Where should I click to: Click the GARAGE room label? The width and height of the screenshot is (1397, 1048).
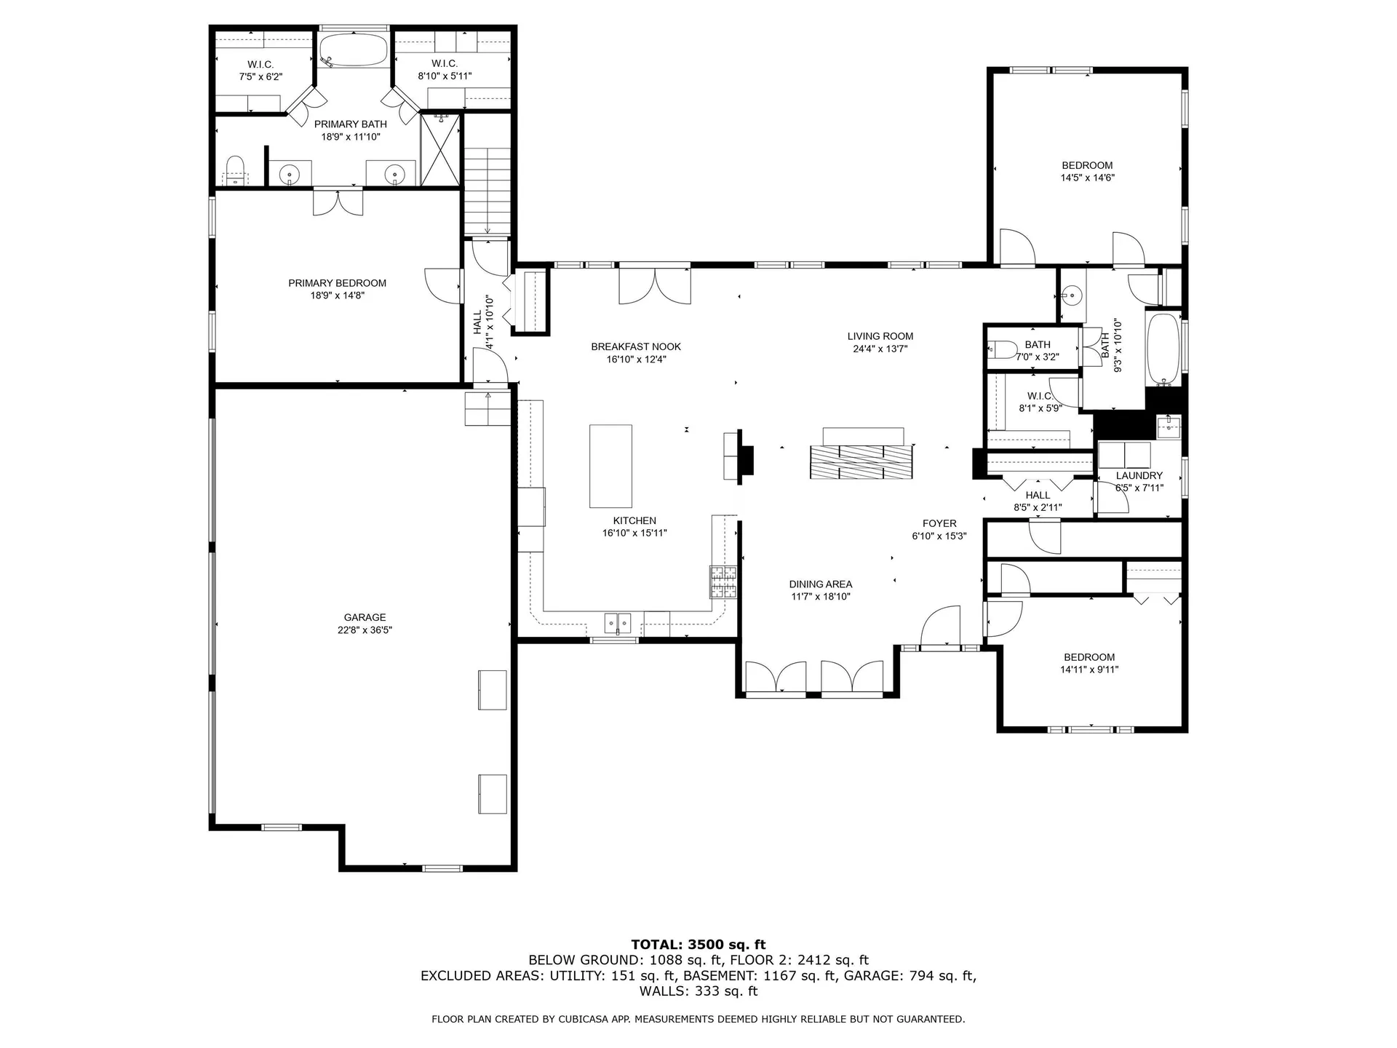coord(365,617)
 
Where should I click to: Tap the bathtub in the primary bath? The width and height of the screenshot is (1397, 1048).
coord(354,50)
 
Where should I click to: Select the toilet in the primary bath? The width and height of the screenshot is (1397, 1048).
coord(234,169)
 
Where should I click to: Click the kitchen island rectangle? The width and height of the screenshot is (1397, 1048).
coord(610,466)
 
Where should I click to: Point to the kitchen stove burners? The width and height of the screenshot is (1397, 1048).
coord(723,581)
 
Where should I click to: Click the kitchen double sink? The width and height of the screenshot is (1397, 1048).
coord(618,623)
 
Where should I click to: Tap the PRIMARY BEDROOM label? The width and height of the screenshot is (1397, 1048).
coord(337,283)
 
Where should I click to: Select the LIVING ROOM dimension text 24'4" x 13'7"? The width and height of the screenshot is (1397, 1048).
coord(880,349)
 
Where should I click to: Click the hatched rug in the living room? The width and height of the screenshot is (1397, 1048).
coord(861,461)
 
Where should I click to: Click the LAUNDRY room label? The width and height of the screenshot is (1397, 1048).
coord(1139,475)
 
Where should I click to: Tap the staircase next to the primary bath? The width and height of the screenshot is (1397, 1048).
coord(488,189)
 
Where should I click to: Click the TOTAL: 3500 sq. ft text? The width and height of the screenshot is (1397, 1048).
coord(698,945)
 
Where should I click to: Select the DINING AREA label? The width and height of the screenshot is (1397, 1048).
coord(820,584)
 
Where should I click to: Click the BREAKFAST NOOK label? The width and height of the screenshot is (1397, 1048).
coord(636,346)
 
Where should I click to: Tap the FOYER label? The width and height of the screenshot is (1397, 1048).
coord(939,523)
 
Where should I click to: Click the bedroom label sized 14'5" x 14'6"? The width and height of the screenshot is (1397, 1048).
coord(1087,165)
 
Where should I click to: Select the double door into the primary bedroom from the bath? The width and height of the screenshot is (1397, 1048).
coord(338,202)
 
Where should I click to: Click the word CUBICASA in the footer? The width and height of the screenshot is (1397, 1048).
coord(583,1019)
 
